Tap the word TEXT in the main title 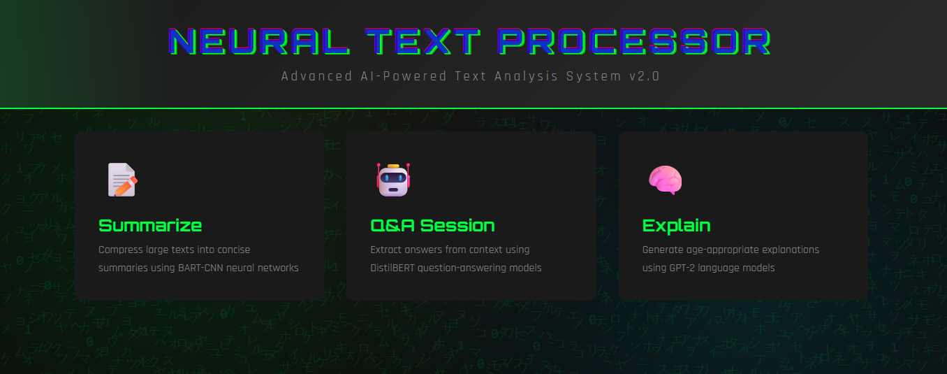tap(427, 42)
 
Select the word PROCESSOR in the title tap(637, 42)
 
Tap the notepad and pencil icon tap(122, 180)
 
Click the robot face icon tap(392, 180)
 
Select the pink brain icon tap(664, 180)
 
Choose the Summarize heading tap(150, 226)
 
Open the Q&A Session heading tap(432, 226)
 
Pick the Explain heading tap(676, 226)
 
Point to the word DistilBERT tap(392, 268)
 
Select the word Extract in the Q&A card tap(386, 250)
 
